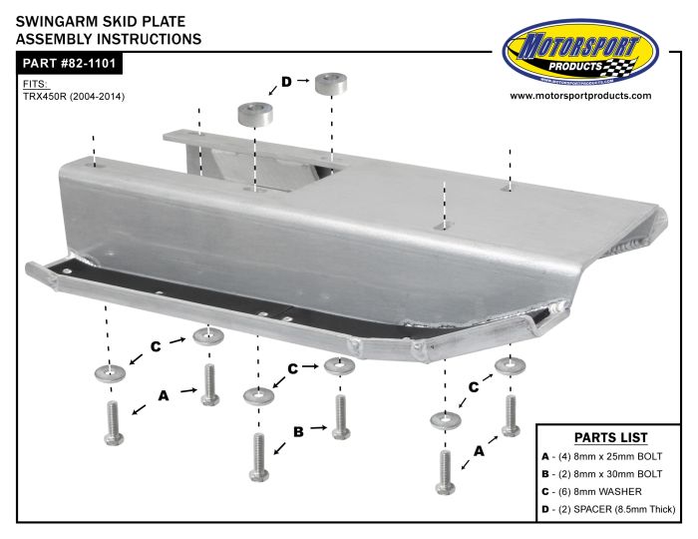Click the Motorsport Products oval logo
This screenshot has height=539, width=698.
click(580, 53)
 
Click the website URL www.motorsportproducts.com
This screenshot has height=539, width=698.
click(580, 96)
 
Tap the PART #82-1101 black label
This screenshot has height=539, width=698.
click(69, 63)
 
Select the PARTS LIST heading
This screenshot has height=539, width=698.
click(610, 437)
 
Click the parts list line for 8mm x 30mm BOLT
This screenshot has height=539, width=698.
click(602, 474)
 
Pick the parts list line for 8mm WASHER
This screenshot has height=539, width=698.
click(591, 492)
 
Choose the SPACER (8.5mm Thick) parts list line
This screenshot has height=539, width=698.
click(608, 509)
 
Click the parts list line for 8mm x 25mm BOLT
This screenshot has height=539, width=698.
click(602, 456)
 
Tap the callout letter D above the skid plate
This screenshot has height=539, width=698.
click(286, 82)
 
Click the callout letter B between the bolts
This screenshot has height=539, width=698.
click(298, 431)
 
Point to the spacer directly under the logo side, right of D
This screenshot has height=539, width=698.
click(331, 84)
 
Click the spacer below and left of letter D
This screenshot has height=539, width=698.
click(255, 115)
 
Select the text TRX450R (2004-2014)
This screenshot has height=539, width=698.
click(74, 96)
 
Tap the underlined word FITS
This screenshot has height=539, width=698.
click(36, 84)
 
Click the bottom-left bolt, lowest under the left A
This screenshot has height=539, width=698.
click(114, 423)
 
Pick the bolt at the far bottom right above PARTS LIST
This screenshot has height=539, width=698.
click(511, 415)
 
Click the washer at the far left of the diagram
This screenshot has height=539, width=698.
click(110, 373)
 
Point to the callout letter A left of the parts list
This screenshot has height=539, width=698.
click(479, 451)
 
